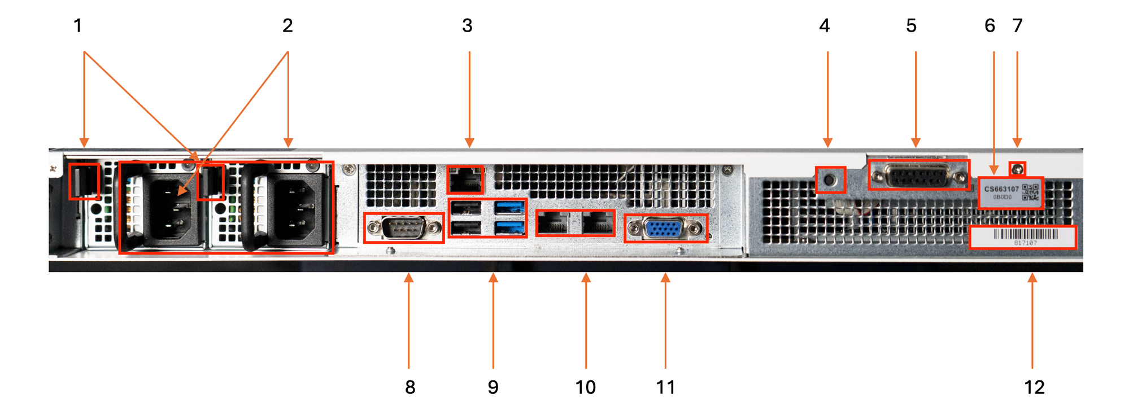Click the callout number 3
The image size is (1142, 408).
[x=467, y=26]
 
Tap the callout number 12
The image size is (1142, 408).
[x=1034, y=387]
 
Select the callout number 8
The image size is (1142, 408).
[x=410, y=387]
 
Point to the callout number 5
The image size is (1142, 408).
[x=911, y=26]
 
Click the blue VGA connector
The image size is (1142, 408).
[x=666, y=229]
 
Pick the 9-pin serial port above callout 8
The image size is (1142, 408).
[x=403, y=228]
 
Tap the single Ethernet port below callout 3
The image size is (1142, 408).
[x=465, y=180]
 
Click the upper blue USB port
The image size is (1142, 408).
[x=509, y=208]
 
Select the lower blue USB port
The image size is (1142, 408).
[x=509, y=227]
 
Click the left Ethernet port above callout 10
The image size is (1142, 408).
[x=552, y=223]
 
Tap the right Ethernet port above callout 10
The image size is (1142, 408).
[x=598, y=223]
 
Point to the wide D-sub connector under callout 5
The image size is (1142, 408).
[x=919, y=177]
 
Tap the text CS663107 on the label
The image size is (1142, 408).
[x=1001, y=189]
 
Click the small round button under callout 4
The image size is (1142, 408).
[x=830, y=180]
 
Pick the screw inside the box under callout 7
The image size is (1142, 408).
[x=1018, y=169]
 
